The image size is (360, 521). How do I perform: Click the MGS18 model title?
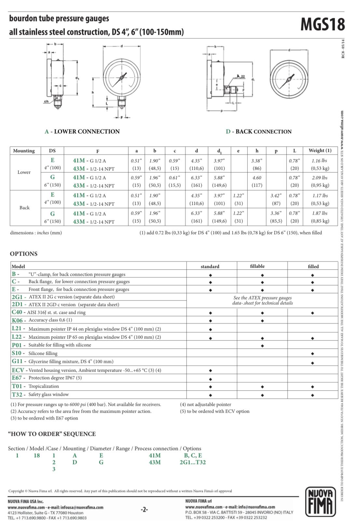pos(322,24)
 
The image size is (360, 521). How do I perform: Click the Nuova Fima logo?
pos(320,502)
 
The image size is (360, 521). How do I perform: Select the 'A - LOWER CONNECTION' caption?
pos(82,131)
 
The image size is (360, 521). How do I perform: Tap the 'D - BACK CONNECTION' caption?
pos(258,131)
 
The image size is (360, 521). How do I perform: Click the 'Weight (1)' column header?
pos(320,151)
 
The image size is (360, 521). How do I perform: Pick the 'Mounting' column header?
pos(24,151)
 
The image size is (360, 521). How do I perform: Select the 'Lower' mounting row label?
pos(24,172)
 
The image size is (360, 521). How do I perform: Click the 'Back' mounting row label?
pos(24,207)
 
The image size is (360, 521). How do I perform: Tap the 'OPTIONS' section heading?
pos(23,254)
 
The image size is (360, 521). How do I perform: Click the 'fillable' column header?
pos(257,266)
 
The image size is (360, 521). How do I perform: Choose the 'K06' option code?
pos(17,320)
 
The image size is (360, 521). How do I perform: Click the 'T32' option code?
pos(17,394)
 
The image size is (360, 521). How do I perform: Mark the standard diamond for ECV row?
pos(210,370)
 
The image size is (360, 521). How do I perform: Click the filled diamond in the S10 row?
pos(312,354)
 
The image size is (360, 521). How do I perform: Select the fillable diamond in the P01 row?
pos(262,346)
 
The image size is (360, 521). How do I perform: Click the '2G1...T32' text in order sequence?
pos(193,462)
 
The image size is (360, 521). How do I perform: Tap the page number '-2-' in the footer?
pos(144,510)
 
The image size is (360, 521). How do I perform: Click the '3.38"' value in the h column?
pos(257,161)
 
